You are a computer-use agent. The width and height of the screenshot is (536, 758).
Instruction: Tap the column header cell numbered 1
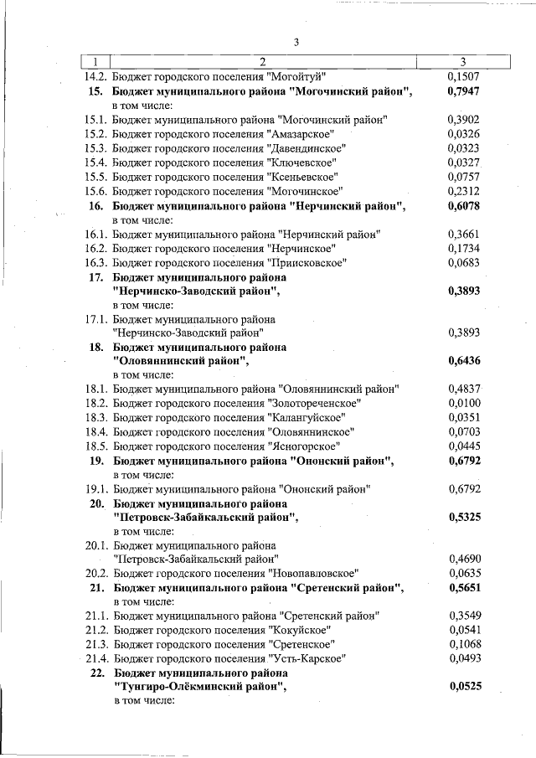(x=95, y=61)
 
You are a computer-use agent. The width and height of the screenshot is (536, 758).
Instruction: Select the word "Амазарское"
(x=301, y=134)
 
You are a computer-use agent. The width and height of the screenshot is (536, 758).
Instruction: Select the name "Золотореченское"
(x=314, y=403)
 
